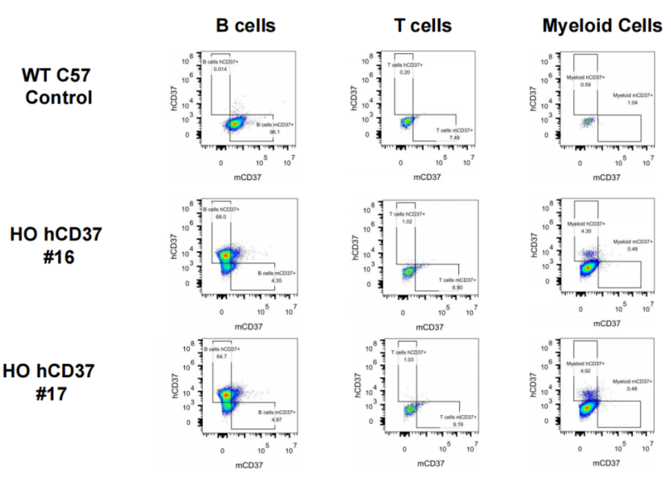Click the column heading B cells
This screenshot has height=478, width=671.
pos(245,26)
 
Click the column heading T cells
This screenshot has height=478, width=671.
pos(423,26)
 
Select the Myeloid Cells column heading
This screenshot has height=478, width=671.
pos(601,26)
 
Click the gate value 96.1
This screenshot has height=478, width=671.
pos(263,132)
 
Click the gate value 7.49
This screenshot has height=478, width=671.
pos(454,137)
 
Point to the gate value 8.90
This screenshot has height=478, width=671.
pos(457,287)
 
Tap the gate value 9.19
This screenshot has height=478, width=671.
pos(458,425)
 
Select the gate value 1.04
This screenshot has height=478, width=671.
pos(633,103)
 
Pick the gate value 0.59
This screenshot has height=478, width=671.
pos(586,84)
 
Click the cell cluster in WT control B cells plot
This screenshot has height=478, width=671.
pos(234,124)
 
